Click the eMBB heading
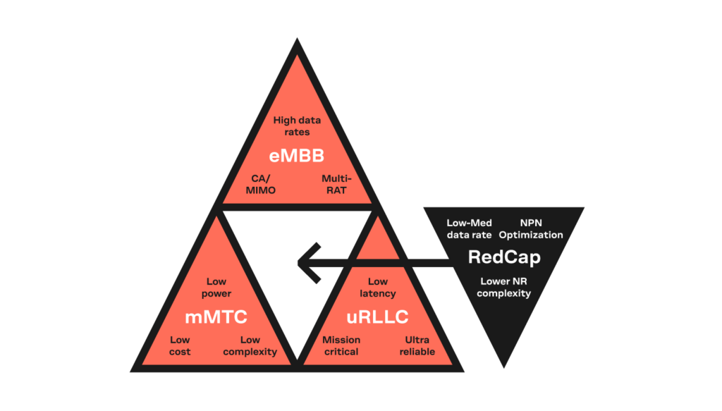pos(297,154)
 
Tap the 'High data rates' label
pos(297,125)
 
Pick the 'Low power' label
pos(216,287)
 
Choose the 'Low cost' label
pos(180,345)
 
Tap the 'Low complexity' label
pos(250,345)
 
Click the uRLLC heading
pos(377,317)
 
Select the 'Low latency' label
pos(378,287)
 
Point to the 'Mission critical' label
pos(341,345)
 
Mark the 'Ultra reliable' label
pos(417,345)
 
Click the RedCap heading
pos(504,257)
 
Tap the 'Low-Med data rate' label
pos(469,228)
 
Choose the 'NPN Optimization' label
pos(531,228)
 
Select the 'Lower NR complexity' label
pos(503,287)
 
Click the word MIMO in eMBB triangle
pos(260,190)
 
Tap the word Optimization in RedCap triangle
pos(531,235)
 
